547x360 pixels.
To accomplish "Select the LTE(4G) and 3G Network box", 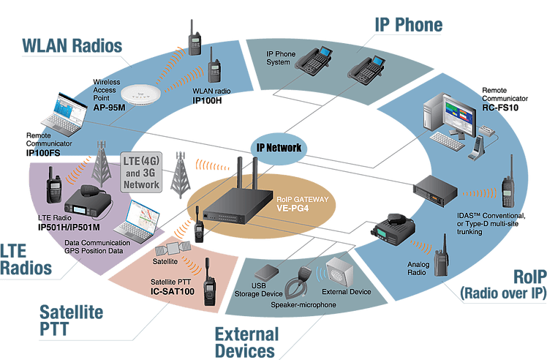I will (141, 173).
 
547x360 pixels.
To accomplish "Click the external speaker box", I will (342, 271).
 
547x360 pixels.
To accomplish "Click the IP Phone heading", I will (408, 26).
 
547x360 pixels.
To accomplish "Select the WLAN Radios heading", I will (72, 44).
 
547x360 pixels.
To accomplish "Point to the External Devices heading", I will (246, 342).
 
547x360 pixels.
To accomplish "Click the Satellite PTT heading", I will (70, 320).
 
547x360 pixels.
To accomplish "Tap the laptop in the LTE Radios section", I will (143, 220).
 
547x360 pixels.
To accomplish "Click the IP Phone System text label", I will (280, 58).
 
